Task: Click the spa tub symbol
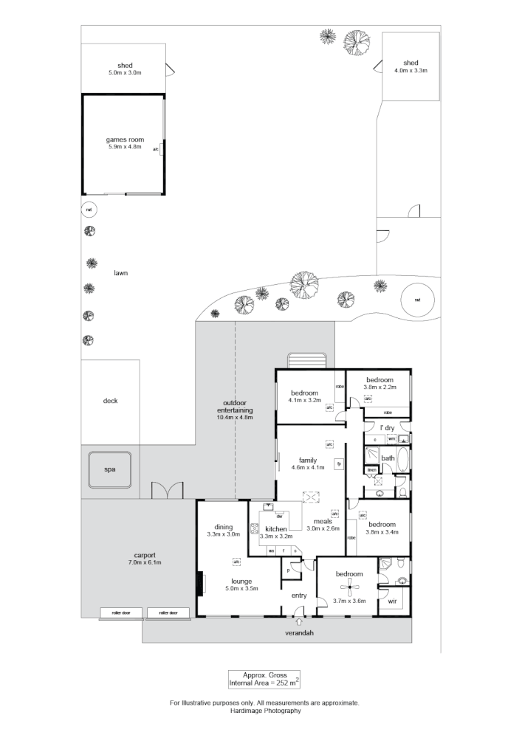(x=109, y=469)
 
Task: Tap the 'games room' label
(x=125, y=139)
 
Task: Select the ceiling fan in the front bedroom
(x=348, y=588)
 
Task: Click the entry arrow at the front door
(x=299, y=622)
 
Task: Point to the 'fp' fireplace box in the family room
(x=338, y=464)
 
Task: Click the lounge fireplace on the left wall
(x=199, y=583)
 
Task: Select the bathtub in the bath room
(x=404, y=458)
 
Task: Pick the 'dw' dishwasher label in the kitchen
(x=279, y=516)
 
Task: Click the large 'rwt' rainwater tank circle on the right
(x=417, y=300)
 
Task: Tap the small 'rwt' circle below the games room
(x=89, y=210)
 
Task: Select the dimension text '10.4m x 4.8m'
(x=235, y=417)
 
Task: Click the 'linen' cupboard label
(x=372, y=469)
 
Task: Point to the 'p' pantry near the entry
(x=287, y=570)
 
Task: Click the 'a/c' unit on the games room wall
(x=156, y=149)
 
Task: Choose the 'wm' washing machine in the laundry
(x=391, y=438)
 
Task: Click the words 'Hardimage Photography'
(x=264, y=711)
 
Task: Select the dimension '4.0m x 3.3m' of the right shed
(x=411, y=70)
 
